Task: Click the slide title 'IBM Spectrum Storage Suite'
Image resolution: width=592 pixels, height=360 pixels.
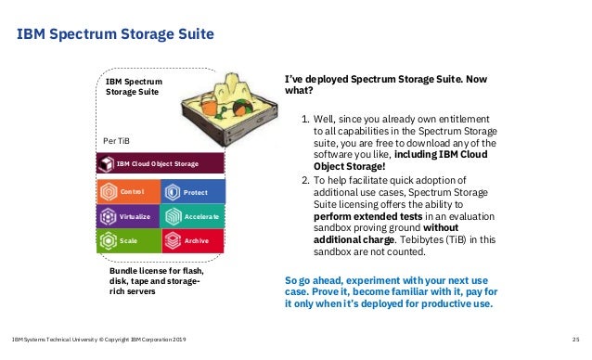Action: [x=116, y=35]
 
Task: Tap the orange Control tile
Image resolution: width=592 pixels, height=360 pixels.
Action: [x=127, y=191]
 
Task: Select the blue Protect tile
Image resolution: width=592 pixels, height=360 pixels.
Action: [x=193, y=191]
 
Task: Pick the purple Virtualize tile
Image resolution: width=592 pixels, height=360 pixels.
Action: [x=127, y=216]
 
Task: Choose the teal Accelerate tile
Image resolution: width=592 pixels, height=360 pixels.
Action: [x=193, y=216]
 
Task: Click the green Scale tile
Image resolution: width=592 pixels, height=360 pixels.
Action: [x=127, y=241]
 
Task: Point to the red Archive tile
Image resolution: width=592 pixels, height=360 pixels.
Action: [x=193, y=241]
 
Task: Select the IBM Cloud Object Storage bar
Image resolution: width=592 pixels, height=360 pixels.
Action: [x=161, y=164]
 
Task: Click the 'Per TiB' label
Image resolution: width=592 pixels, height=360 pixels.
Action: [x=116, y=139]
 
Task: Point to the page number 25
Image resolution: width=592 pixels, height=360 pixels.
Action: [x=576, y=340]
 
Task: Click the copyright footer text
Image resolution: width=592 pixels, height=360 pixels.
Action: [x=97, y=340]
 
